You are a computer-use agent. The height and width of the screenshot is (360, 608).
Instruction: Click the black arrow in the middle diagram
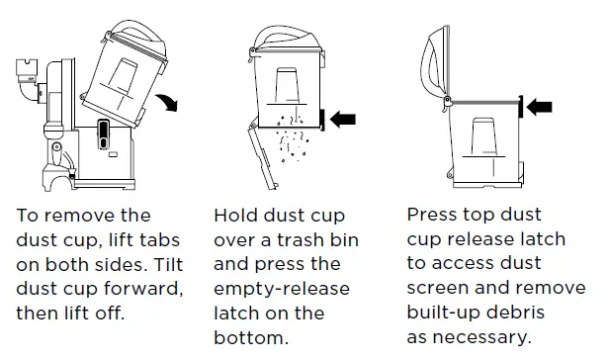coord(342,120)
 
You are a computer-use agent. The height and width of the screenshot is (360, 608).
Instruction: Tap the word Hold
coord(234,216)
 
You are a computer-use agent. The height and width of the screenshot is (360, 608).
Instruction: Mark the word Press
coord(432,215)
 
